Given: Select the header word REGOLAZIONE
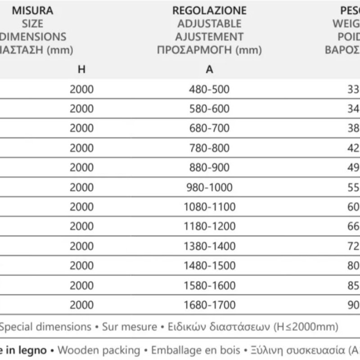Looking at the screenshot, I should tap(210, 10).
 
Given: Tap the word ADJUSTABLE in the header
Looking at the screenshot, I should tap(210, 23).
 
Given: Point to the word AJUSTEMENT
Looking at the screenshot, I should tap(210, 37).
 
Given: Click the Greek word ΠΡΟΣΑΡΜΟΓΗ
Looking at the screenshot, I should tap(194, 50).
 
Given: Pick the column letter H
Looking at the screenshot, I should tap(81, 70).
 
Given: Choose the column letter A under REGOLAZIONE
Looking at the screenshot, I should tap(210, 70).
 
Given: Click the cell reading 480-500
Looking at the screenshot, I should tap(210, 89).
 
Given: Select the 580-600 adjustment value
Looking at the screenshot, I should tap(210, 109).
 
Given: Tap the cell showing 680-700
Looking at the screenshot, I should tap(210, 128).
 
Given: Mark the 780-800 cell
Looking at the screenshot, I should tap(210, 148).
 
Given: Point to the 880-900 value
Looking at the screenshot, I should tap(210, 168).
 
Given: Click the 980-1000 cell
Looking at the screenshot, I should tap(210, 188).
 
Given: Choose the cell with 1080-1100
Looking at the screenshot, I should tap(210, 207).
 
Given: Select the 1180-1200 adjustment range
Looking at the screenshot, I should tap(210, 227).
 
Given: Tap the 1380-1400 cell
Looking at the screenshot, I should tap(210, 247).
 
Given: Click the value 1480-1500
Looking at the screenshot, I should tap(210, 266).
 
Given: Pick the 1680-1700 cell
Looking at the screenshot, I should tap(210, 306).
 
